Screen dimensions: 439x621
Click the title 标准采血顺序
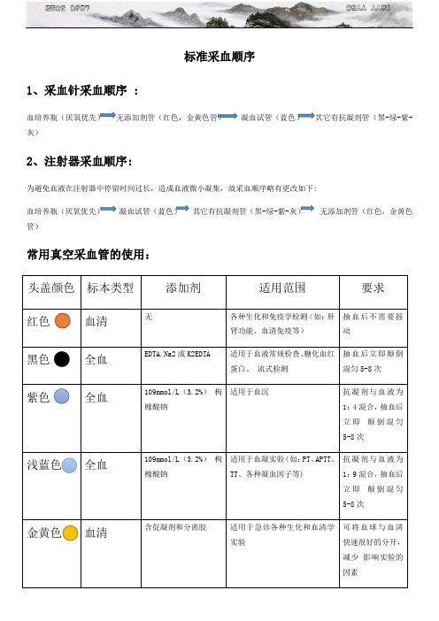(x=219, y=57)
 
